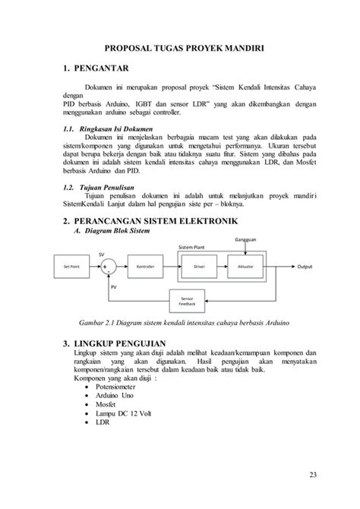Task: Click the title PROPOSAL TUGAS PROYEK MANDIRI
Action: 182,46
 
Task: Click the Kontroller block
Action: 145,267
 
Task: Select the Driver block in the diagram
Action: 200,267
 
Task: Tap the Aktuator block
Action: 245,267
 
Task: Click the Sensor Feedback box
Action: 186,300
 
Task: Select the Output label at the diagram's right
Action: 305,267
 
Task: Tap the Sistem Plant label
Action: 192,248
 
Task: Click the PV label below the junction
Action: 114,287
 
